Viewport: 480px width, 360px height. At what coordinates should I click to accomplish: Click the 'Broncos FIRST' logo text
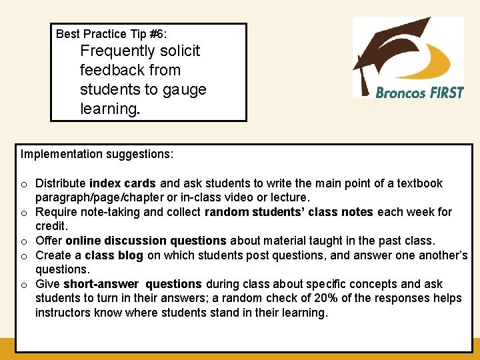(x=419, y=92)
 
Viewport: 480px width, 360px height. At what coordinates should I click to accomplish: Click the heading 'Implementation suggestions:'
(x=97, y=155)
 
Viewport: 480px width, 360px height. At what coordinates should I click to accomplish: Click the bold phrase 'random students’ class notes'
(x=289, y=212)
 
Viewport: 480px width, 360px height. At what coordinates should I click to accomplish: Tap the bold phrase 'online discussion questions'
(x=146, y=241)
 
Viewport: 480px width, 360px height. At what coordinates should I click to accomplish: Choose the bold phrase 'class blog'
(x=114, y=255)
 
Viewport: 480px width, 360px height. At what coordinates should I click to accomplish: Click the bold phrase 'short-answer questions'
(x=132, y=284)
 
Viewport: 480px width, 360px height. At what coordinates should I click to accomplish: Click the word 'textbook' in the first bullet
(x=420, y=183)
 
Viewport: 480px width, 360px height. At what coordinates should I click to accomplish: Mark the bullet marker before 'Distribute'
(x=24, y=184)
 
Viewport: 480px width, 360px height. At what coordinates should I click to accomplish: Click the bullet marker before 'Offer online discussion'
(x=24, y=241)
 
